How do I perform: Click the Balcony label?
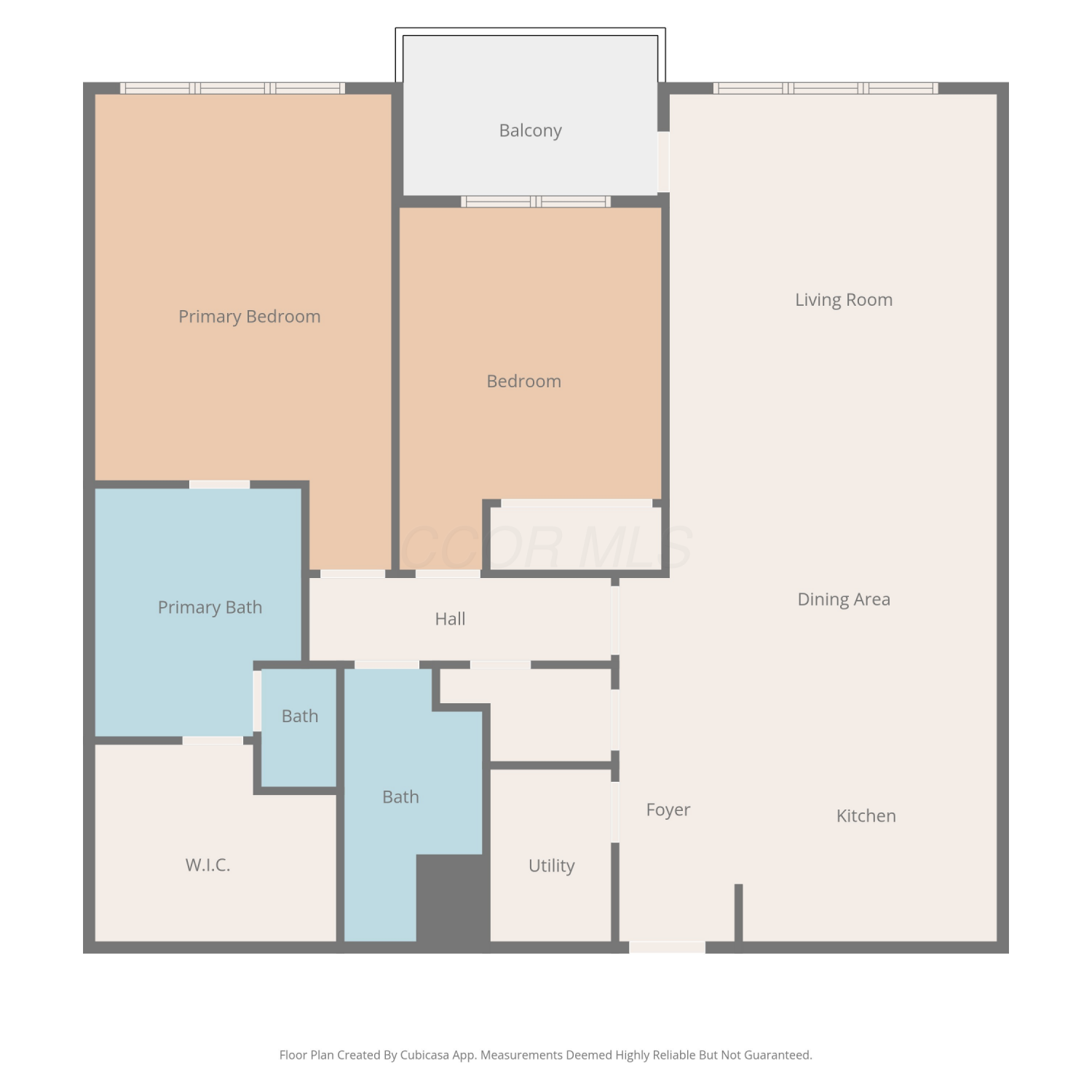click(530, 130)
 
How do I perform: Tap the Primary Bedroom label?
click(250, 317)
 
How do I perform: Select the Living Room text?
click(844, 300)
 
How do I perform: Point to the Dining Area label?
click(844, 599)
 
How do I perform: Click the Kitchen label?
click(866, 815)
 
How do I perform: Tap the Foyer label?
click(668, 810)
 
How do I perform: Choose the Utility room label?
click(552, 866)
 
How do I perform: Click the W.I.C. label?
click(207, 865)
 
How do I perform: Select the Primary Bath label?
click(210, 607)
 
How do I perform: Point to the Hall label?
click(450, 619)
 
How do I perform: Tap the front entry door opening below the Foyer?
click(667, 947)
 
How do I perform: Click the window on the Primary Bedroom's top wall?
click(233, 88)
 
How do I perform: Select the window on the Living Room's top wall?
click(826, 88)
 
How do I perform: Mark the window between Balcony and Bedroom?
click(536, 202)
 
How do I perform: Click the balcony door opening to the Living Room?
click(663, 162)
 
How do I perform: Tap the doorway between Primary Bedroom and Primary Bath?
click(220, 485)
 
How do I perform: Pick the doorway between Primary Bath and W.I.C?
click(213, 740)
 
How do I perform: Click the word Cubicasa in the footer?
click(424, 1055)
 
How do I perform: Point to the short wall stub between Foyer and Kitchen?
click(738, 913)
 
